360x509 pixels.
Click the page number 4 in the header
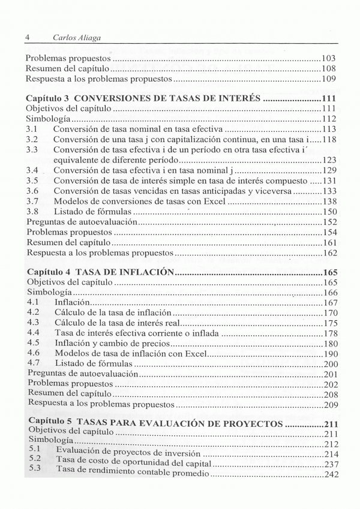pos(28,37)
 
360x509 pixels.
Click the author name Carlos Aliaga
pos(76,37)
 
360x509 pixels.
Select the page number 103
pos(328,59)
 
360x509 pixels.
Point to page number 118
pos(328,139)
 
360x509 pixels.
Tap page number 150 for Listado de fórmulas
pos(328,212)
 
